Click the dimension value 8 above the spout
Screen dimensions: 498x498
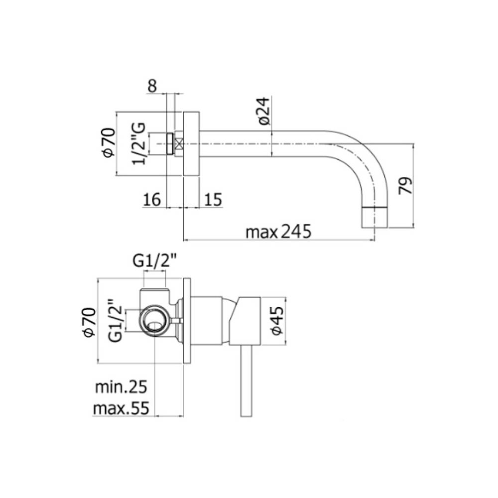pos(152,86)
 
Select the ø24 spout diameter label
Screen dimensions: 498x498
pos(264,111)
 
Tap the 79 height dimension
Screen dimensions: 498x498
pos(405,185)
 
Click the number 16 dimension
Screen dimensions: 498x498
pos(152,200)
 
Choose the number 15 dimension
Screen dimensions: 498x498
pos(213,200)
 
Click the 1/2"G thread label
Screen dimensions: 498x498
pos(139,143)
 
